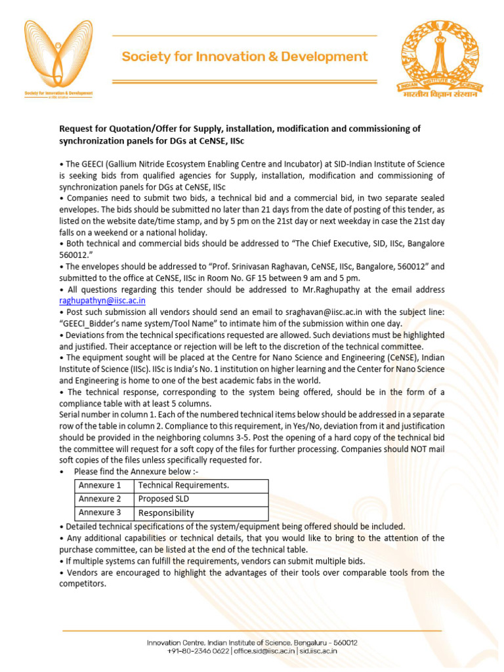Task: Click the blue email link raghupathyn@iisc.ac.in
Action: pyautogui.click(x=102, y=301)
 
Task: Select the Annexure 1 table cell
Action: pyautogui.click(x=100, y=486)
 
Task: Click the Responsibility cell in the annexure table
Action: pyautogui.click(x=166, y=513)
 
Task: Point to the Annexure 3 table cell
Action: pyautogui.click(x=100, y=513)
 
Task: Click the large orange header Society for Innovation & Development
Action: pyautogui.click(x=245, y=57)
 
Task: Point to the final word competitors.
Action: pyautogui.click(x=83, y=584)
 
